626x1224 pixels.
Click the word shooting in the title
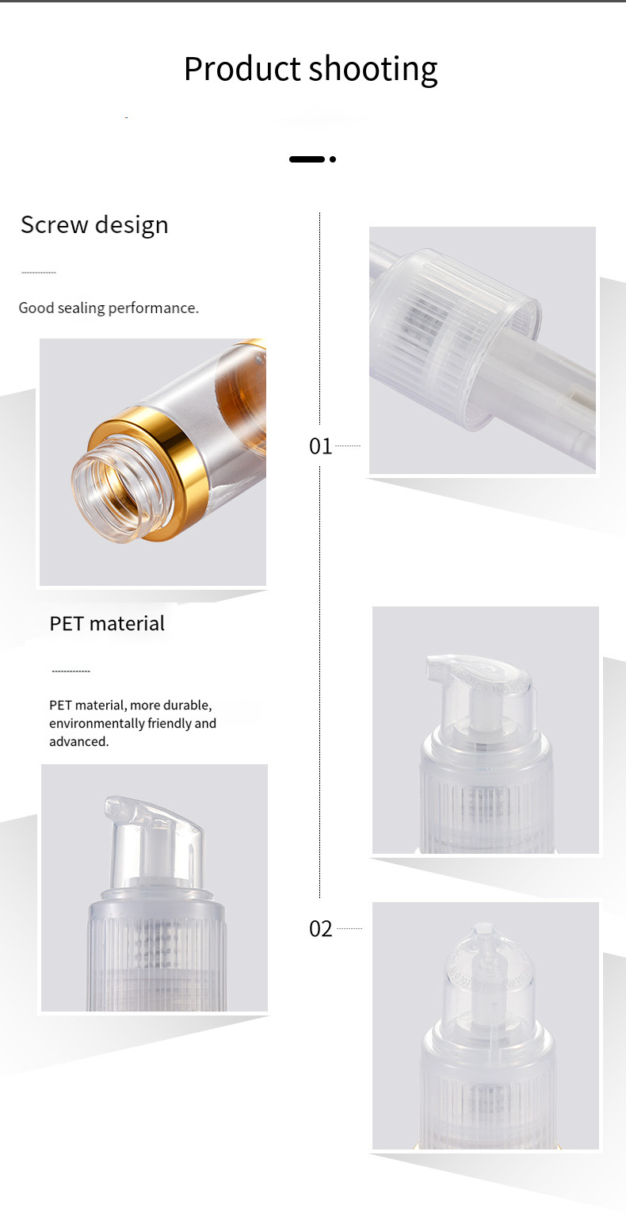(373, 71)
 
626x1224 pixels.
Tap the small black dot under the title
(333, 159)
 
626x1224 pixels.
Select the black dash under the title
(307, 159)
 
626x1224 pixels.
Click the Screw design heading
(94, 224)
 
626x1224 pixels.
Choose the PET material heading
(107, 623)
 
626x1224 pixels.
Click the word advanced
(78, 741)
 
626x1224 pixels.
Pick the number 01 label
(321, 446)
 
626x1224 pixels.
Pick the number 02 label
(321, 928)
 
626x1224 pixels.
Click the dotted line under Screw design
(39, 273)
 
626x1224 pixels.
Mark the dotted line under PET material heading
(71, 671)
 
